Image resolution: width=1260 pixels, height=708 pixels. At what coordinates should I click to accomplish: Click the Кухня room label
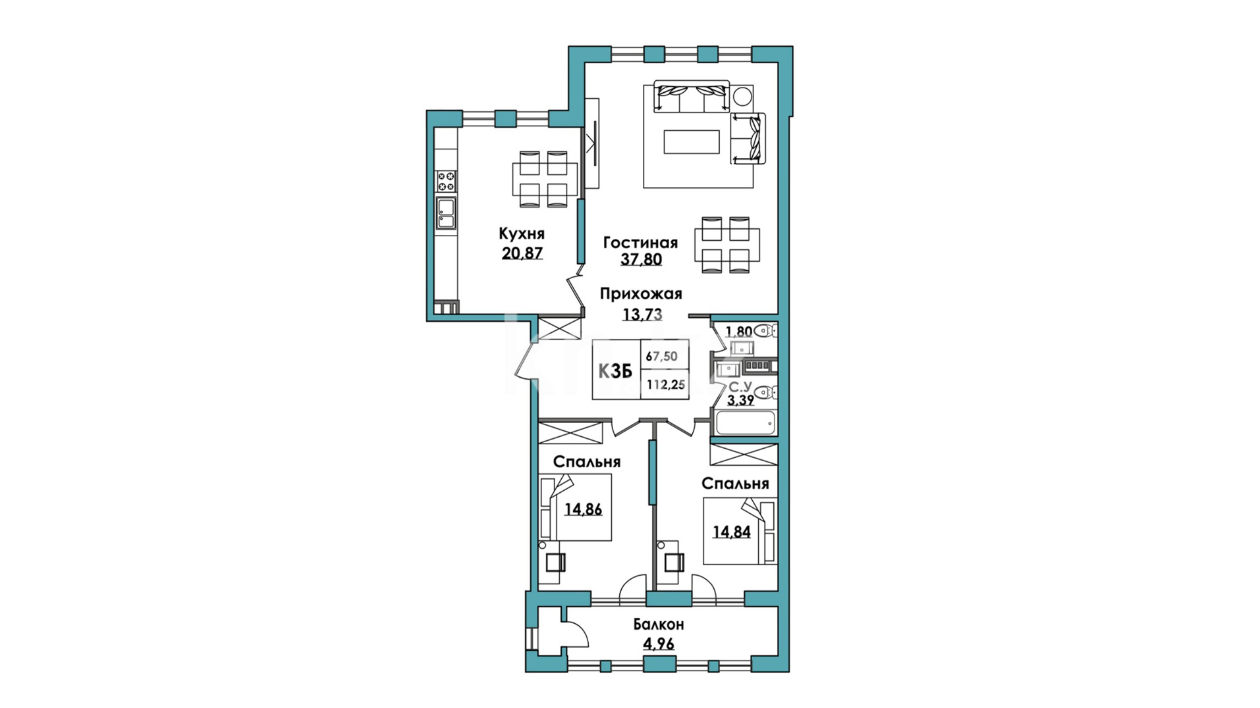(521, 234)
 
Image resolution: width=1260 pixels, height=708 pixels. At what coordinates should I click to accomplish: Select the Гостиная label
(640, 243)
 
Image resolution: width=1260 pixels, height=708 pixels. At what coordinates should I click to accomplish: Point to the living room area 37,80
(641, 259)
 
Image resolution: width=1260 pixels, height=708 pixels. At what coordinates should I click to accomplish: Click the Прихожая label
(640, 294)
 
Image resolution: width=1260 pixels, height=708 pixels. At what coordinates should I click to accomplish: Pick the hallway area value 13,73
(642, 315)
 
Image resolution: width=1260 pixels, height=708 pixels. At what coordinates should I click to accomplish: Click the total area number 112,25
(665, 385)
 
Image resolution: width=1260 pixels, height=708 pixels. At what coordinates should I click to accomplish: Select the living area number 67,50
(661, 356)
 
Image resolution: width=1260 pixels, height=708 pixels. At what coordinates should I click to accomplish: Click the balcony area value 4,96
(658, 644)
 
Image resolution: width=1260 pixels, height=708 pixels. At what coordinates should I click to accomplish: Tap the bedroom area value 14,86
(584, 509)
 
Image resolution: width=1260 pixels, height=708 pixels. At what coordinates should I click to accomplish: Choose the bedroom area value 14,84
(731, 532)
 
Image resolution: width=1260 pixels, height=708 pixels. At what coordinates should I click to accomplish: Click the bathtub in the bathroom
(745, 422)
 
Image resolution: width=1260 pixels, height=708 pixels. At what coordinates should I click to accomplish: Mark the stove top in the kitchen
(446, 181)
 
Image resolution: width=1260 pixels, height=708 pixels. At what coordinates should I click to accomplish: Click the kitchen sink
(446, 213)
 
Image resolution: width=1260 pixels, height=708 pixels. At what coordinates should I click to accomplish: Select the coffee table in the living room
(691, 141)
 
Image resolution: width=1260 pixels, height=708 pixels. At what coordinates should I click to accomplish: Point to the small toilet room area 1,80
(738, 331)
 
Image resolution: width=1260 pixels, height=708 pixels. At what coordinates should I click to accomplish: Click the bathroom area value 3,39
(740, 399)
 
